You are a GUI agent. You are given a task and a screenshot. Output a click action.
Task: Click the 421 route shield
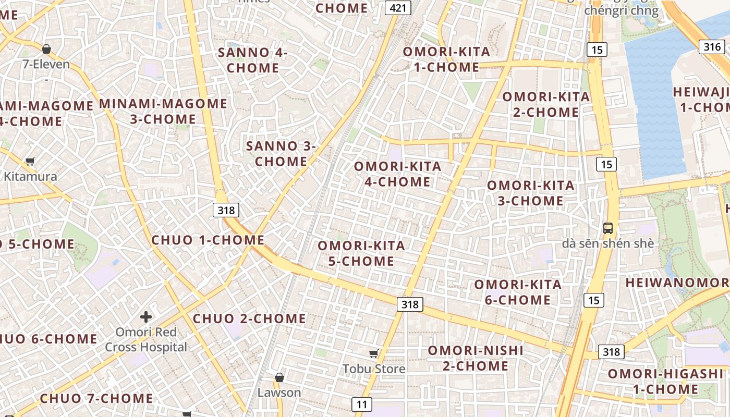click(398, 7)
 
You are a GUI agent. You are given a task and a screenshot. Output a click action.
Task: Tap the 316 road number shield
click(712, 47)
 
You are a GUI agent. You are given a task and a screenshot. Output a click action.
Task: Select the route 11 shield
click(362, 404)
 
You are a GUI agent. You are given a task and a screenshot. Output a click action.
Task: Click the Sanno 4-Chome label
click(253, 60)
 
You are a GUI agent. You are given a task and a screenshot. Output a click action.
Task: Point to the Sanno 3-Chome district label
click(281, 154)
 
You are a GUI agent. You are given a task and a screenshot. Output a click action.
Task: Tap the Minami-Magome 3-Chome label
click(163, 111)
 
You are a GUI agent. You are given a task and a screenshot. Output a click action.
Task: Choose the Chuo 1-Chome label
click(208, 240)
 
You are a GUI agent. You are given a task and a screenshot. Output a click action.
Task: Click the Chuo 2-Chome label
click(249, 318)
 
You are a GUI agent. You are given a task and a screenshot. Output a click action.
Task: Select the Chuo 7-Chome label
click(96, 399)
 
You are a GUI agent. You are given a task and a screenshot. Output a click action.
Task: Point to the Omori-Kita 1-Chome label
click(446, 59)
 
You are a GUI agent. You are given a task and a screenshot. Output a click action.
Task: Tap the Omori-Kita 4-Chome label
click(397, 174)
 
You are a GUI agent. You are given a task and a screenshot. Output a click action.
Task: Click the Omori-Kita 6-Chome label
click(517, 292)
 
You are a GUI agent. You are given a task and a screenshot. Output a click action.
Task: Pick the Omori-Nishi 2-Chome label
click(476, 358)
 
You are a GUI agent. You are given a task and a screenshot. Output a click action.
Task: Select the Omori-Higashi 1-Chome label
click(666, 382)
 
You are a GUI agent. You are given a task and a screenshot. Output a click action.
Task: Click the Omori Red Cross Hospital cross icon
click(146, 316)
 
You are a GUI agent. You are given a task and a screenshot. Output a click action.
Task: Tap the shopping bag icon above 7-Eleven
click(46, 50)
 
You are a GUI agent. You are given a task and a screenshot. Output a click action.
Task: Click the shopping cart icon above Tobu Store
click(373, 354)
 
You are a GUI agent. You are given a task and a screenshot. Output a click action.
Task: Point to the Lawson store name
click(279, 393)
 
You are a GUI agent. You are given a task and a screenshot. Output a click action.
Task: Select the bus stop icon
click(608, 228)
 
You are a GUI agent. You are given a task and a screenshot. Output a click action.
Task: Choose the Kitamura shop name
click(30, 176)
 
